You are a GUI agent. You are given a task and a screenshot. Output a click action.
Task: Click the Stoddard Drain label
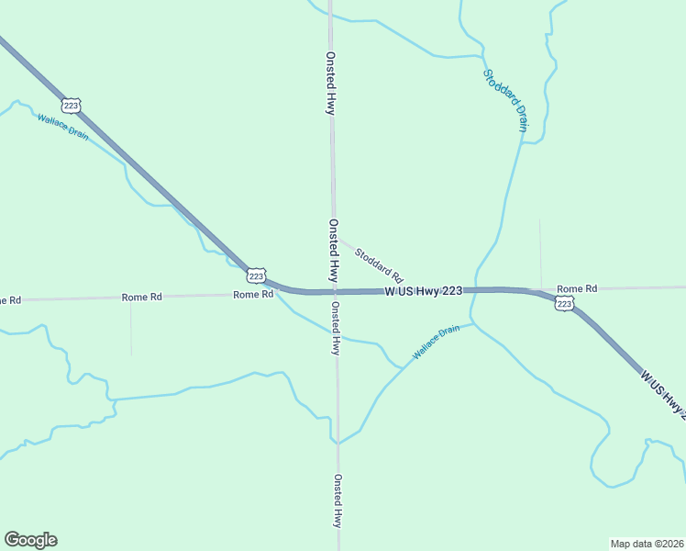pyautogui.click(x=505, y=100)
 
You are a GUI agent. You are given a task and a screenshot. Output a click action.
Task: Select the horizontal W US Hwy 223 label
pyautogui.click(x=423, y=291)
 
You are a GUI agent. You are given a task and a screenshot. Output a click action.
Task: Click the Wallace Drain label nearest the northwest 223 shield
pyautogui.click(x=63, y=127)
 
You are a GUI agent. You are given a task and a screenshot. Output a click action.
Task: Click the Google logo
pyautogui.click(x=30, y=540)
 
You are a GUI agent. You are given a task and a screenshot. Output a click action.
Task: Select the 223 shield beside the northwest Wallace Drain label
pyautogui.click(x=72, y=105)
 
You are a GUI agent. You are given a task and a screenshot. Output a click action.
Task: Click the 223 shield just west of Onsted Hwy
pyautogui.click(x=257, y=275)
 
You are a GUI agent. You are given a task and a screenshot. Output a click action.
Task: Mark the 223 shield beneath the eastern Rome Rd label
pyautogui.click(x=564, y=303)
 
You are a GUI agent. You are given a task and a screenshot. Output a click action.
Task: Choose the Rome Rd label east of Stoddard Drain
pyautogui.click(x=577, y=288)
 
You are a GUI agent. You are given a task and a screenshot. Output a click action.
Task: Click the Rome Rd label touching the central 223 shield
pyautogui.click(x=253, y=295)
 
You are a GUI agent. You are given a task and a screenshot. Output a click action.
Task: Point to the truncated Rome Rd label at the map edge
pyautogui.click(x=9, y=300)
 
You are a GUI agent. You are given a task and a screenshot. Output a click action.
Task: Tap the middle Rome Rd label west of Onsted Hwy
pyautogui.click(x=142, y=297)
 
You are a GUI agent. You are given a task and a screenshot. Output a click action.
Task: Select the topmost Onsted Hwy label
pyautogui.click(x=329, y=83)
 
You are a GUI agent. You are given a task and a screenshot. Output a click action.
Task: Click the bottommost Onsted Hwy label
pyautogui.click(x=337, y=500)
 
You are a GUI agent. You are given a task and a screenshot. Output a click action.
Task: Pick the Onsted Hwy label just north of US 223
pyautogui.click(x=334, y=251)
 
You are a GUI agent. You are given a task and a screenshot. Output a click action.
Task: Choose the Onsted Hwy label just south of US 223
pyautogui.click(x=336, y=329)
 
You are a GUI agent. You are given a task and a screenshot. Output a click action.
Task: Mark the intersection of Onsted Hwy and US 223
pyautogui.click(x=335, y=292)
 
